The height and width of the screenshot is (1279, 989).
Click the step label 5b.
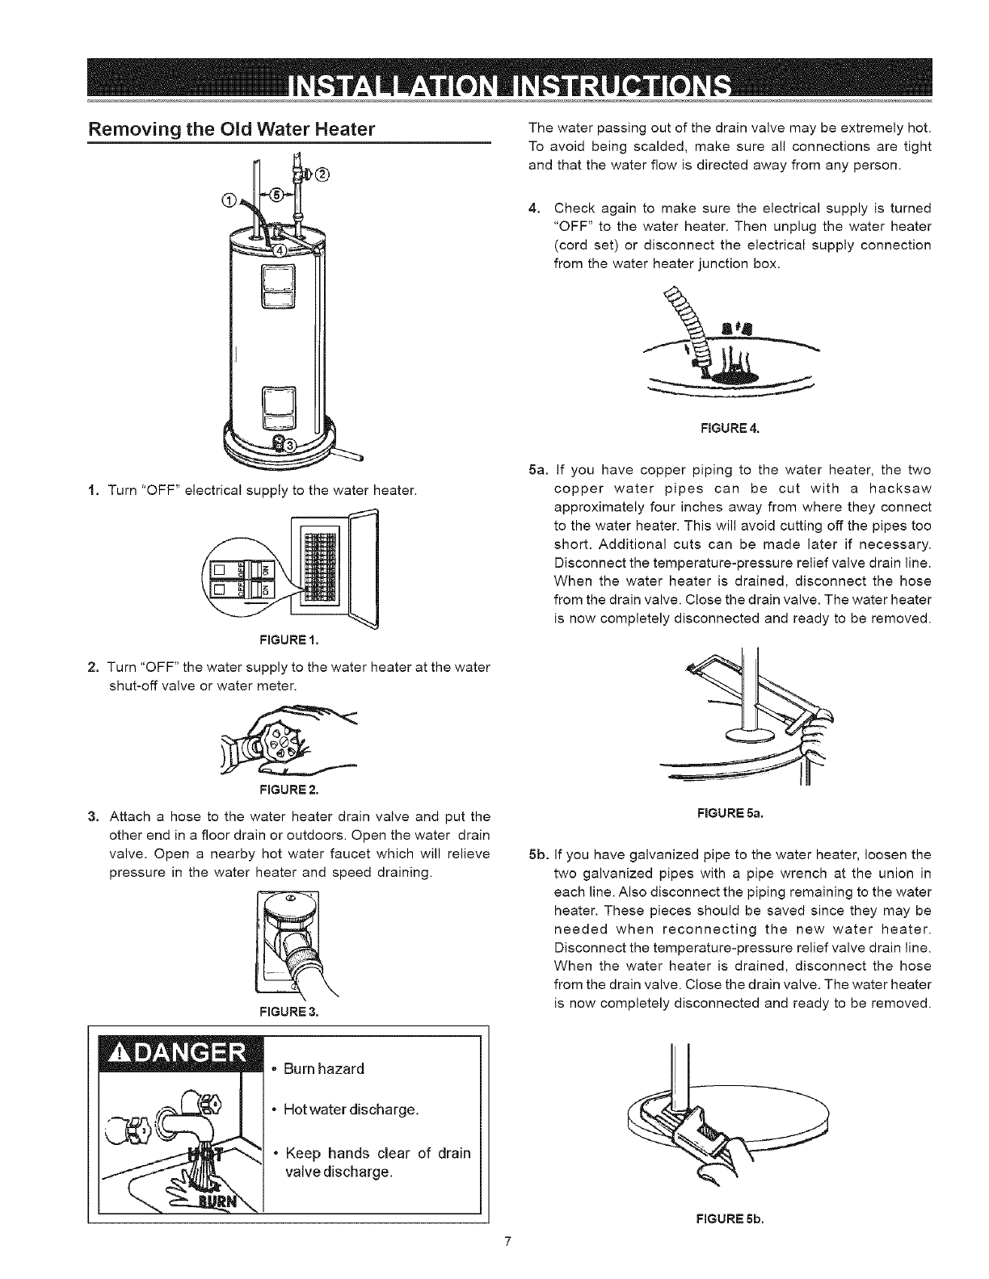[537, 854]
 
